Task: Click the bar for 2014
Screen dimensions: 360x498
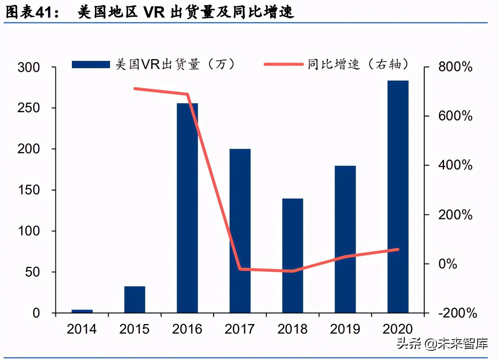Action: pos(82,311)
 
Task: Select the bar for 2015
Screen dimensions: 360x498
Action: pos(135,300)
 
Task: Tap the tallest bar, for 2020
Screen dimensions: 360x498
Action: pos(398,196)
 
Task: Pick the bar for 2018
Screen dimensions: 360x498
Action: pos(293,256)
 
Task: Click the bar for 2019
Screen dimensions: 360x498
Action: pos(345,239)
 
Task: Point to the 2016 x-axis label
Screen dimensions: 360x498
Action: pos(187,329)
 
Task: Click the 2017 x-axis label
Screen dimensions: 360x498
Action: pos(239,329)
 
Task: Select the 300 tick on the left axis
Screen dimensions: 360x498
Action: pos(29,67)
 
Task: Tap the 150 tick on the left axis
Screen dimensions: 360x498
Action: pos(29,190)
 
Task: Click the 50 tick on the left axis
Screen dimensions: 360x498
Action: pos(32,272)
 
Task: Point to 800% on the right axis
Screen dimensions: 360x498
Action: pos(455,67)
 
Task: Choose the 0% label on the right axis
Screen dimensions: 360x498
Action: pos(447,264)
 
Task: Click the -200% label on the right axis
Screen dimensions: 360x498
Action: pos(457,313)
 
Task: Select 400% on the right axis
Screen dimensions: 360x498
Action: pos(455,165)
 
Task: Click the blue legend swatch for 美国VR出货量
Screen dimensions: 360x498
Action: pos(91,65)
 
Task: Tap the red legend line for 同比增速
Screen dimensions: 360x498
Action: pos(283,65)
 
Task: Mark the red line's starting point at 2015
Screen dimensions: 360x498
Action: pos(135,88)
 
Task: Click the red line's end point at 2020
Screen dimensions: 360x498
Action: pos(398,250)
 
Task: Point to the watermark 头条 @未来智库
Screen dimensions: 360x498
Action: pos(442,344)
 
